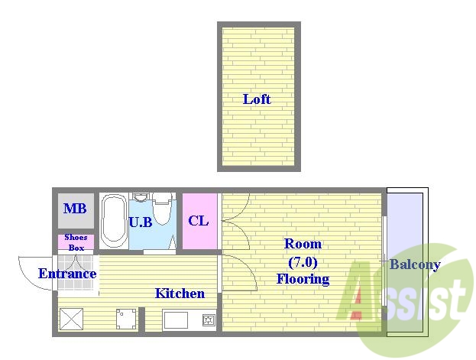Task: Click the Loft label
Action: tap(257, 99)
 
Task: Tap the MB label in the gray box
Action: tap(75, 209)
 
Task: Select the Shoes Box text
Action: tap(76, 242)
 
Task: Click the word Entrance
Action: tap(67, 274)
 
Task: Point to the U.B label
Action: tap(141, 222)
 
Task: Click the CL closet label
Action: tap(199, 221)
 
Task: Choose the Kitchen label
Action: tap(180, 294)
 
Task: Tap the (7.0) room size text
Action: tap(303, 262)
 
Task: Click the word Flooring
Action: tap(303, 279)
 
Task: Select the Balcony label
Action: tap(415, 264)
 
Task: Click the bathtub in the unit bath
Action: tap(114, 221)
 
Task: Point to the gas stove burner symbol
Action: tap(209, 320)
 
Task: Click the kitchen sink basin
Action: tap(176, 320)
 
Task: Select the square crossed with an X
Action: tap(71, 319)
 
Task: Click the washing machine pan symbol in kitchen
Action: tap(126, 319)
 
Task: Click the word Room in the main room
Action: tap(303, 244)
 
